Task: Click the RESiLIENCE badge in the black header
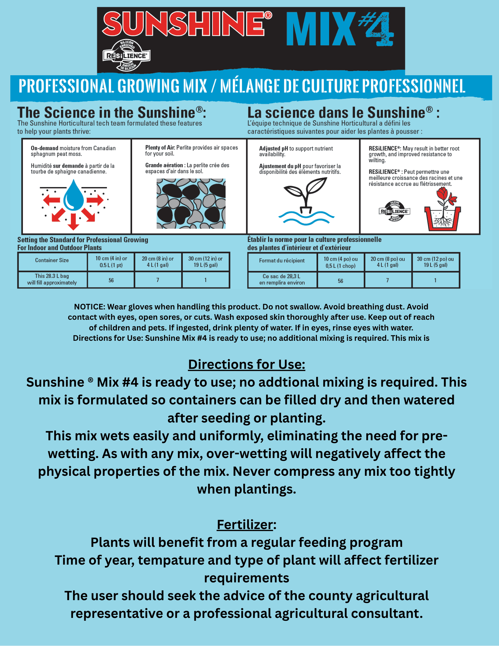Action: coord(127,56)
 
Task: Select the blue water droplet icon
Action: coord(74,195)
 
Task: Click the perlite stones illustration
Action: coord(191,203)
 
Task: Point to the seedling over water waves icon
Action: coord(306,201)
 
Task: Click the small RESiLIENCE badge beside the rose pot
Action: coord(394,211)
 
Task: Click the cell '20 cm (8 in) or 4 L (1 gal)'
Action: coord(158,262)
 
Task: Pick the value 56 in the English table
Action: coord(111,280)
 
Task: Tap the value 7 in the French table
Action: coord(388,280)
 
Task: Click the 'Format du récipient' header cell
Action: coord(282,261)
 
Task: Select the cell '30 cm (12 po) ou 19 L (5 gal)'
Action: coord(435,262)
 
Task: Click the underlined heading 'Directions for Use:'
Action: coord(247,364)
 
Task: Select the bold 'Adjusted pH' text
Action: coord(274,149)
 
